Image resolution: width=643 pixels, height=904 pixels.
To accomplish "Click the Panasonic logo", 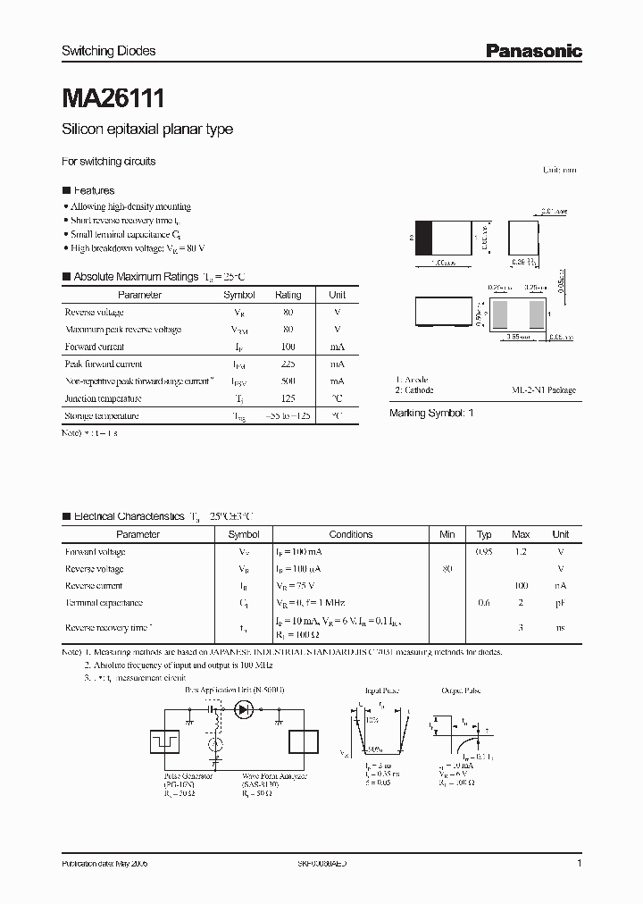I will [533, 52].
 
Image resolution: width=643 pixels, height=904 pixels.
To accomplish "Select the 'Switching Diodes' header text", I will [108, 51].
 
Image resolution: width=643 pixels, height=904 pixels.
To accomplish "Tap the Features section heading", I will [93, 190].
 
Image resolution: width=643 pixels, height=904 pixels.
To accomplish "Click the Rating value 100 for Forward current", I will [288, 347].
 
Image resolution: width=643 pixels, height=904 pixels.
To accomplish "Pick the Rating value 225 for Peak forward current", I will [288, 364].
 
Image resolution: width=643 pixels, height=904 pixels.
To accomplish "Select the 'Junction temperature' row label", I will [103, 398].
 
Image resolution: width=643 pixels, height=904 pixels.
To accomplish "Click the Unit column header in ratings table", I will [337, 295].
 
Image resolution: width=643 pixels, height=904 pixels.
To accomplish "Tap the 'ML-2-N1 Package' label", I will [543, 390].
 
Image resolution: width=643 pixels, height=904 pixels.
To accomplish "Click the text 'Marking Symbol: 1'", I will [431, 414].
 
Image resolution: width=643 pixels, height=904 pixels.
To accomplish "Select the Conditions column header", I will [350, 534].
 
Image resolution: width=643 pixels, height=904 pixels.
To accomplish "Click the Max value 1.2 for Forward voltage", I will [521, 552].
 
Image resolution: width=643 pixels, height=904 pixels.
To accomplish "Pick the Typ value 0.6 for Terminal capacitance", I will [484, 603].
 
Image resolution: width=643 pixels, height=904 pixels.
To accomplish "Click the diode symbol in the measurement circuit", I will [243, 710].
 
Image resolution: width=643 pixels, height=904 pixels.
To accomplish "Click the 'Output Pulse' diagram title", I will [462, 691].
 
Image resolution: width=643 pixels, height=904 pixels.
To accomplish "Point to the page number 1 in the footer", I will [580, 865].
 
